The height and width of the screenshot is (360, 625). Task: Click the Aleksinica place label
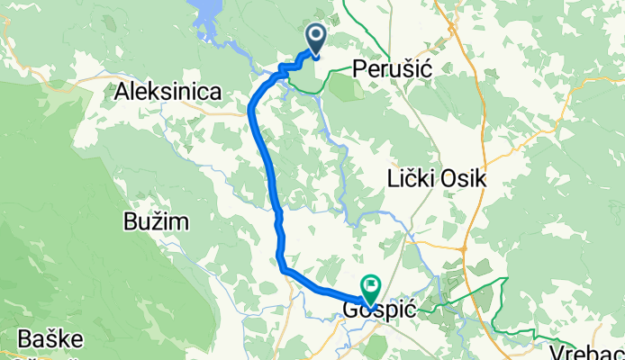[170, 91]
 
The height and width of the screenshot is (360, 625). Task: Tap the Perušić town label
[397, 67]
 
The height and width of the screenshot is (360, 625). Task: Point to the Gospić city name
[380, 309]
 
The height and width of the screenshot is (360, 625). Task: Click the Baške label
[48, 341]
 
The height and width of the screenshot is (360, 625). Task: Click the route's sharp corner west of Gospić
[283, 268]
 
